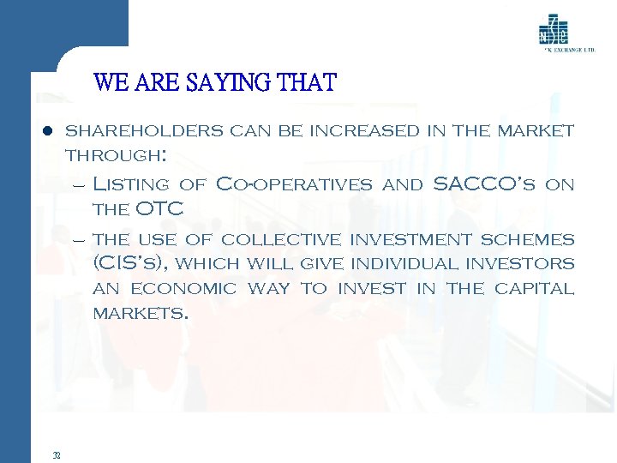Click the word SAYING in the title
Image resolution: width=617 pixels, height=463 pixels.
[236, 83]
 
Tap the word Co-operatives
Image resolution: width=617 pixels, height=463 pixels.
[295, 184]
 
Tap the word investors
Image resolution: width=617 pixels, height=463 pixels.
[523, 264]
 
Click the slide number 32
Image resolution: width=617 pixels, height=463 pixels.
[57, 455]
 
